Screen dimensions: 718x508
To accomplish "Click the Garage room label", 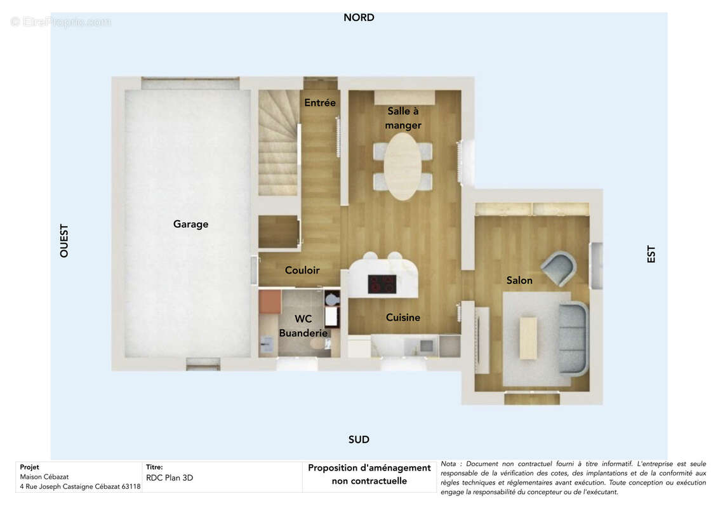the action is pos(190,224).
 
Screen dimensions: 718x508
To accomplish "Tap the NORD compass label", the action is pos(359,17).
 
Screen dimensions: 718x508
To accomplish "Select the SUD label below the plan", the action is pos(359,439).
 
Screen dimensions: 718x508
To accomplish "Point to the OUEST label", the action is pos(64,241).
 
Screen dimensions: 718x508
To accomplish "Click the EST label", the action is pos(651,254).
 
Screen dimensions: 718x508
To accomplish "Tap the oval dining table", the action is pos(402,166).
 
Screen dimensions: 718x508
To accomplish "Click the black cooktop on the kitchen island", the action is pos(382,284).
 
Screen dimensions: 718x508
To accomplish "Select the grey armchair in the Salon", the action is pos(559,268).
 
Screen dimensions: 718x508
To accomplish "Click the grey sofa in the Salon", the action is pos(574,338).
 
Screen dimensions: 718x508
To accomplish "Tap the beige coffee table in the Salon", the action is pos(528,338).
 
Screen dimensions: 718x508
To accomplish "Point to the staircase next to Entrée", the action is pos(279,142).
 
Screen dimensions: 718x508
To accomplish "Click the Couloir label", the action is pos(302,271).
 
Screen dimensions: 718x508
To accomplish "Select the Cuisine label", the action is pos(403,317).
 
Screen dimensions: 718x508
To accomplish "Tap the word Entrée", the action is pos(319,103).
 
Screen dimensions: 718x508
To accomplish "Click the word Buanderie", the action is pos(303,333).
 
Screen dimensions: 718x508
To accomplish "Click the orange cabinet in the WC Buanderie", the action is pos(270,302).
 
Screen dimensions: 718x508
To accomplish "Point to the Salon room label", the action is pos(519,280).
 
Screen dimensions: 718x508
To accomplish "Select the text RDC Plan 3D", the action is pos(170,478).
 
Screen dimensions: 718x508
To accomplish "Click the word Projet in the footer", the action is pos(29,467).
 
